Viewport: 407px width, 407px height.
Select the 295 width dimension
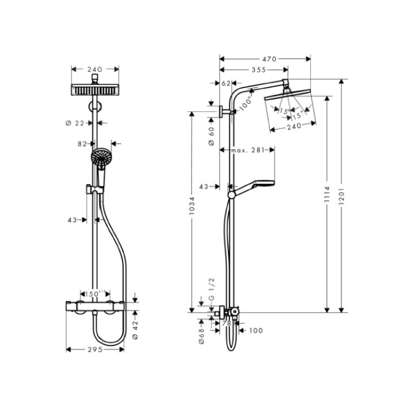(x=95, y=349)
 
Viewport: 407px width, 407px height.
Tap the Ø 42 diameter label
(x=135, y=330)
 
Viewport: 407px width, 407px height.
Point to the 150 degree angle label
(x=94, y=293)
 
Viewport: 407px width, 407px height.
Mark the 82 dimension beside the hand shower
(x=83, y=144)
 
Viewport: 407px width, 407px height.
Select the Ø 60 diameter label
(x=211, y=136)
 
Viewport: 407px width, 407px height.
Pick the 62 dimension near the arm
(x=226, y=83)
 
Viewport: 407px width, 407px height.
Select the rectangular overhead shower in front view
(x=95, y=90)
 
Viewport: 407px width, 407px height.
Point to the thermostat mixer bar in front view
(x=96, y=308)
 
